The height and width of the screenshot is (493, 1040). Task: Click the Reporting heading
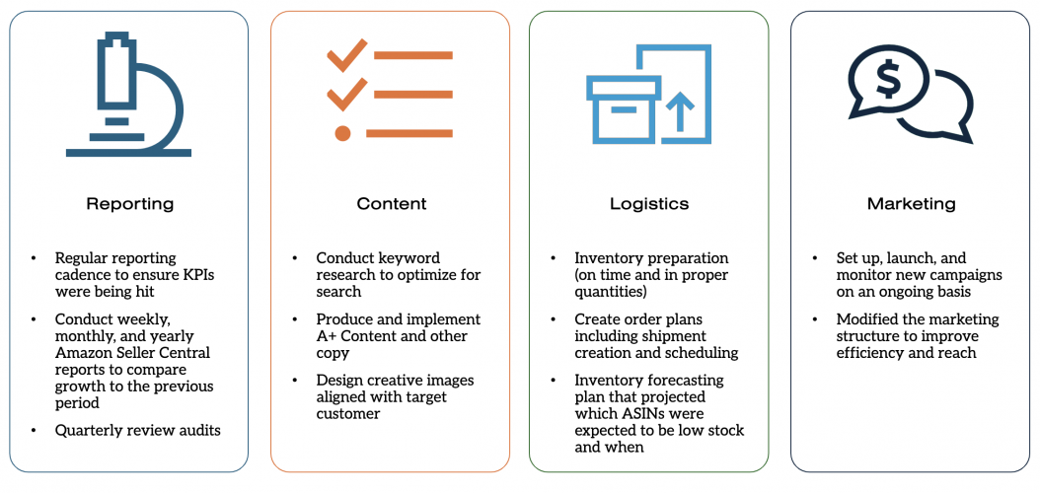[129, 204]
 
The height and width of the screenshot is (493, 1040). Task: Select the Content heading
[391, 204]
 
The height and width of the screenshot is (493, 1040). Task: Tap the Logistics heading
[648, 204]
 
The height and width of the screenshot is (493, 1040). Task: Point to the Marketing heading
[911, 204]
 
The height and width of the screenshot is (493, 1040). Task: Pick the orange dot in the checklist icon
[342, 132]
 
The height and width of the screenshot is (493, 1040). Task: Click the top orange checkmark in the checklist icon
[346, 57]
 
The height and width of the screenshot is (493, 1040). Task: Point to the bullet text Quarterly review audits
[137, 430]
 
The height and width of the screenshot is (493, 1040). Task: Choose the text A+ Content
[364, 335]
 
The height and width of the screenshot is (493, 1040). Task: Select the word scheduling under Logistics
[704, 352]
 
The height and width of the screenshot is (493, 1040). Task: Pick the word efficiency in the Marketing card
[872, 352]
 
